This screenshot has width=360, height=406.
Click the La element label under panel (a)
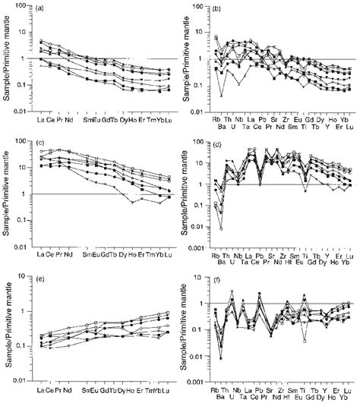(x=41, y=121)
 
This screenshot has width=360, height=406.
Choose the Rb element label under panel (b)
(x=216, y=121)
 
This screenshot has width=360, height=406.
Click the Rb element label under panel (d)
(x=215, y=257)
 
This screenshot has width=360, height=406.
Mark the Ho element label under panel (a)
(x=133, y=121)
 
